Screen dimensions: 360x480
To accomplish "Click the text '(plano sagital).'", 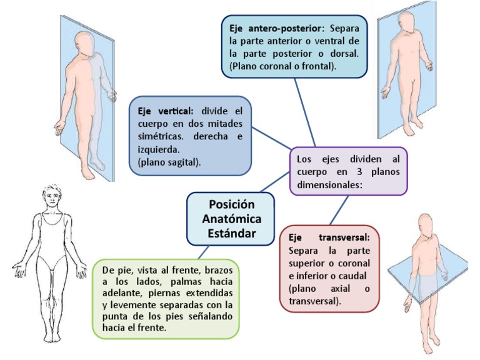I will tap(168, 162).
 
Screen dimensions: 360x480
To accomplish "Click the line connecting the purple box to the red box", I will tap(341, 211).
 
